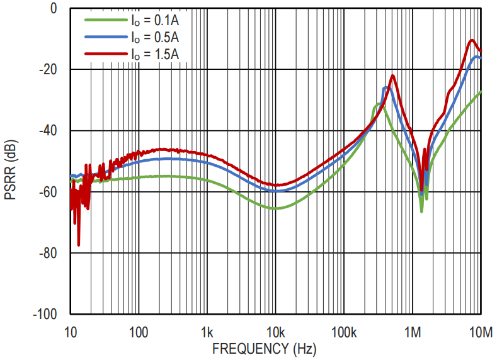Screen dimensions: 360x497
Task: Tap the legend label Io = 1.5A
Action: tap(155, 55)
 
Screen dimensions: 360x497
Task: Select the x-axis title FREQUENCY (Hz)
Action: tap(264, 348)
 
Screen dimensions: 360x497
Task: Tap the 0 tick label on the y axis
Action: tap(54, 9)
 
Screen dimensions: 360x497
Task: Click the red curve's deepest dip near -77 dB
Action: tap(79, 244)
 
